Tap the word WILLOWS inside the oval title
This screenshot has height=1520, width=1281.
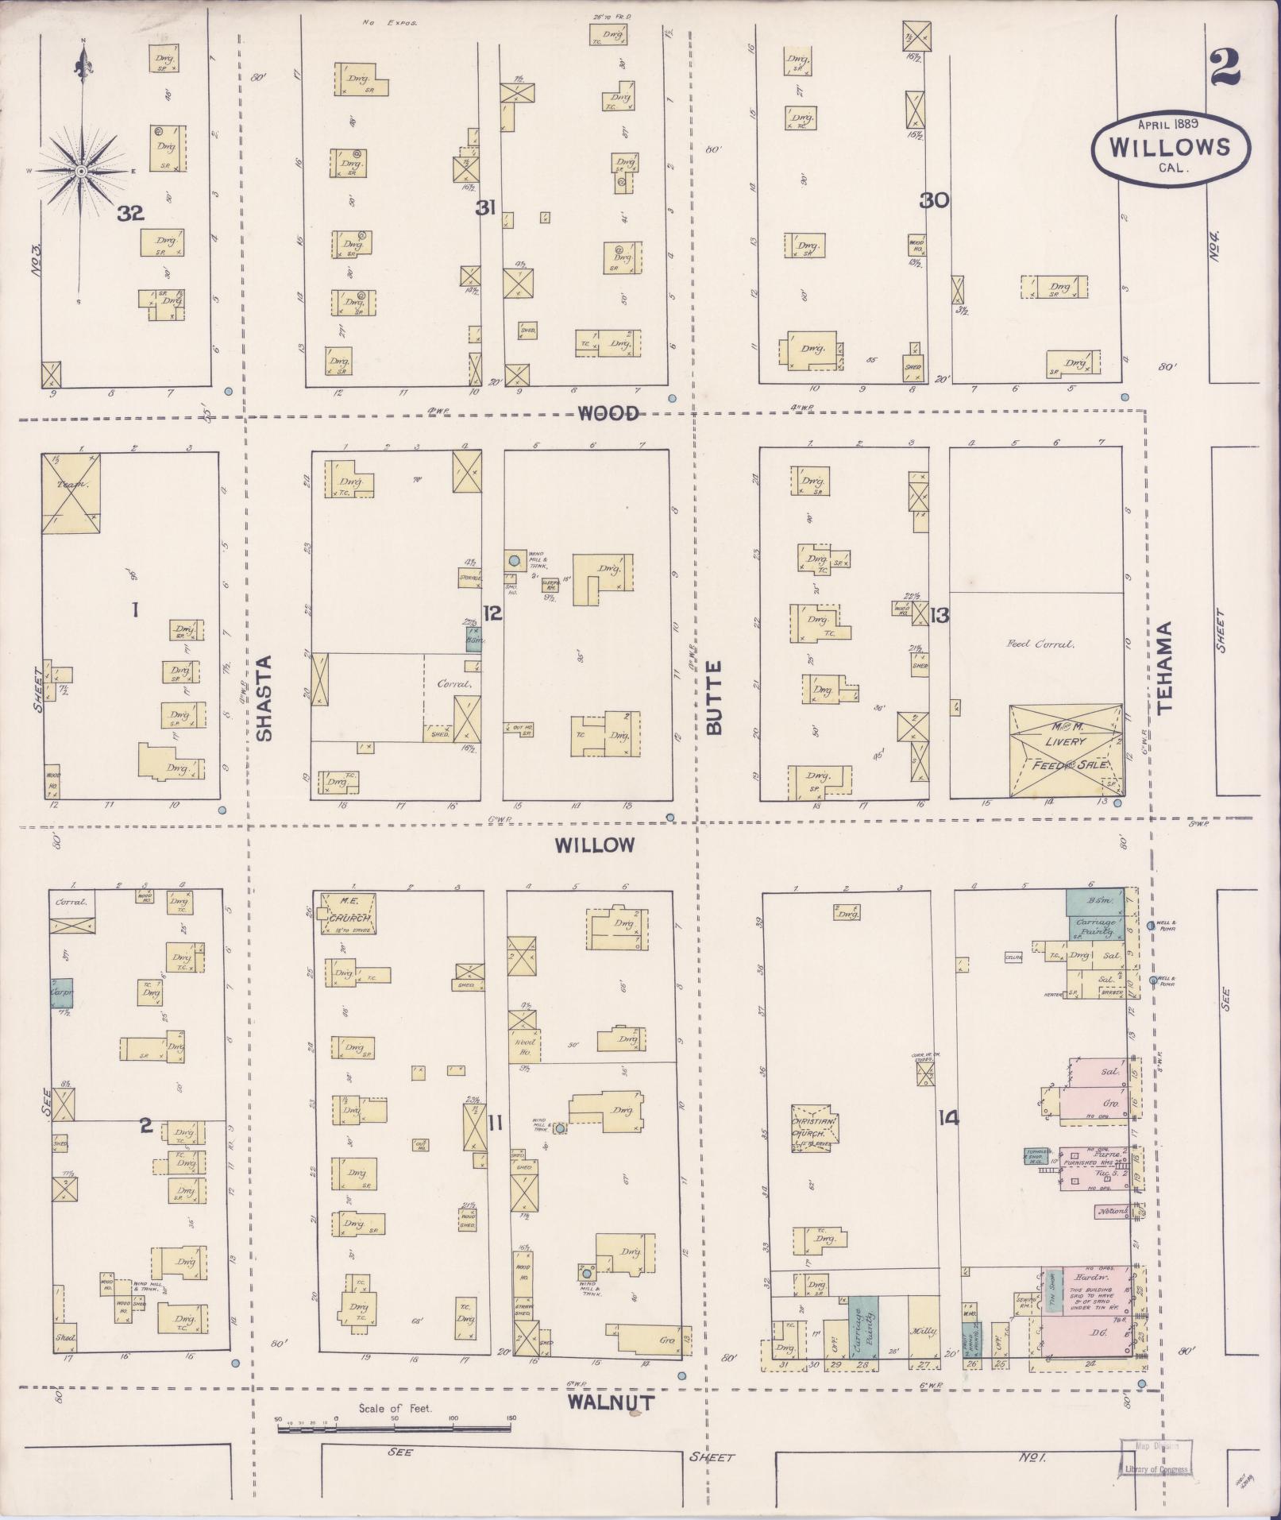tap(1170, 147)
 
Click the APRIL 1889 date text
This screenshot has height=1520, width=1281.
tap(1167, 124)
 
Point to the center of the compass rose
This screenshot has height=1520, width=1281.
tap(81, 171)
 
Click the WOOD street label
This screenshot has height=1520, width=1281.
tap(608, 412)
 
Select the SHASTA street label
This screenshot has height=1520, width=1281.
tap(265, 698)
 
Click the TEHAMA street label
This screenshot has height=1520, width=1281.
tap(1165, 667)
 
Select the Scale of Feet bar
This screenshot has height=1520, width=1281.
tap(395, 1429)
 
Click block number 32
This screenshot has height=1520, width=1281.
tap(130, 213)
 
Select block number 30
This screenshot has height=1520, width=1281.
tap(935, 200)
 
